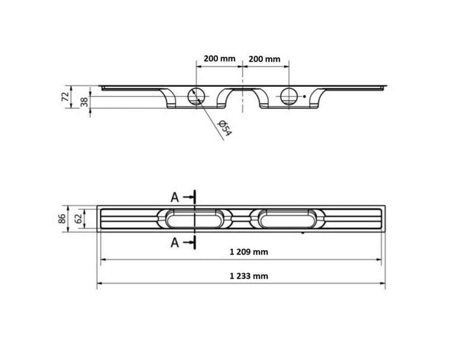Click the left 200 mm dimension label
(219, 58)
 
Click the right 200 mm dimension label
(264, 59)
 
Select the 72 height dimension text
(65, 97)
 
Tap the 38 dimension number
(84, 102)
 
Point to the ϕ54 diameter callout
(224, 128)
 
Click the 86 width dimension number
(62, 219)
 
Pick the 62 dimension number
(78, 219)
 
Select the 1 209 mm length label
(249, 252)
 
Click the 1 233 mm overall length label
(249, 276)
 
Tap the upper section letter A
(175, 197)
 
